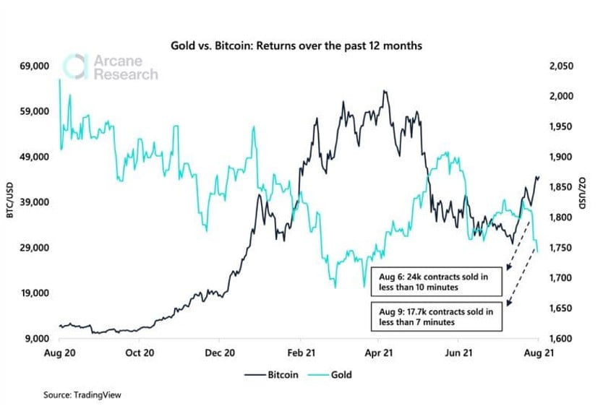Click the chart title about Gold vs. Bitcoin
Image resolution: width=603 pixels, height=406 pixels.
tap(301, 46)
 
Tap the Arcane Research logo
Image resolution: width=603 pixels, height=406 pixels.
tap(110, 66)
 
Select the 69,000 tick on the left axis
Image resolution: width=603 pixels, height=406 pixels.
tap(33, 66)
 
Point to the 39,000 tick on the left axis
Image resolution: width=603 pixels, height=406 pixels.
tap(33, 202)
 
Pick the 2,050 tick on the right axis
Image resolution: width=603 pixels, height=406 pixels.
tap(562, 66)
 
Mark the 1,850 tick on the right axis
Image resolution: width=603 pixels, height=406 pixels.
tap(562, 187)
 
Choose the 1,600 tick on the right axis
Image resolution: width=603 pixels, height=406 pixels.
tap(562, 339)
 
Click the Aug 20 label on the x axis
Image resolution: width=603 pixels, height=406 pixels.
tap(60, 354)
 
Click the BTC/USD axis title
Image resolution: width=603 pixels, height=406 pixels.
tap(9, 202)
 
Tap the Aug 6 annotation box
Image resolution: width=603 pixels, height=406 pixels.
tap(431, 282)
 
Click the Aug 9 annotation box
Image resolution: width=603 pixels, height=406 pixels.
tap(431, 316)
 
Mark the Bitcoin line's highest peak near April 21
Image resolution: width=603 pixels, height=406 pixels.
tap(385, 92)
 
